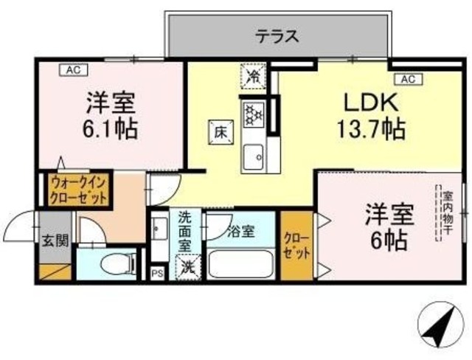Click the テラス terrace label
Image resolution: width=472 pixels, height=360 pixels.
point(277,35)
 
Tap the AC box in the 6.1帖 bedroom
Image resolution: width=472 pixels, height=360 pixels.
point(72,71)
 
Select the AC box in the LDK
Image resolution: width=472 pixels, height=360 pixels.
point(407,79)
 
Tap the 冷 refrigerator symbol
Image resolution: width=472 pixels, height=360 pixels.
point(253,75)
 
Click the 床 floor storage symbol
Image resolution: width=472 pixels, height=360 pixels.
point(220,132)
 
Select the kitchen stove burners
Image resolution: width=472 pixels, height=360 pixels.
point(254,114)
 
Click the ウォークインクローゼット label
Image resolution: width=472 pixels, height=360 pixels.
point(79,190)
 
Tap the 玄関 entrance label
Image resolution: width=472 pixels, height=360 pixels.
point(52,240)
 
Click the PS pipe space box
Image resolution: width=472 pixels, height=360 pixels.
point(156,274)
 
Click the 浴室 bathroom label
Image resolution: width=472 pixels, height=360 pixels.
point(240,232)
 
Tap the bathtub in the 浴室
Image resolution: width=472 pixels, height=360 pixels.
point(241,265)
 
